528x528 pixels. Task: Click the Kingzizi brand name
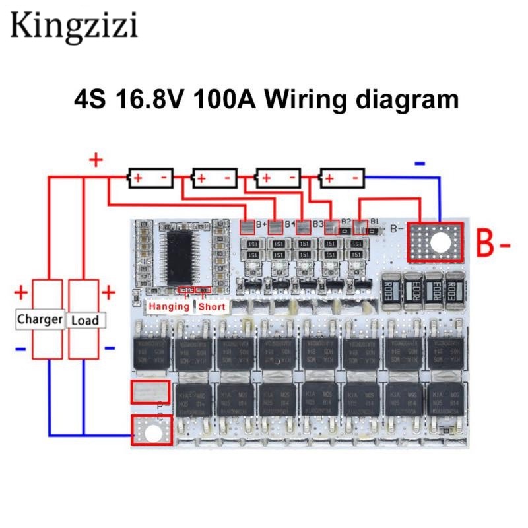73,26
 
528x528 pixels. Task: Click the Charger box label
40,319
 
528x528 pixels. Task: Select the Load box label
84,321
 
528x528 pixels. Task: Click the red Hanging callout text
169,306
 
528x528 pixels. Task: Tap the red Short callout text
212,306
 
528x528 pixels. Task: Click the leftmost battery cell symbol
150,178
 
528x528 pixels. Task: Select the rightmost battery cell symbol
343,178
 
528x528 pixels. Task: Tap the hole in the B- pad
436,242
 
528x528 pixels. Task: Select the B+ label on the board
259,225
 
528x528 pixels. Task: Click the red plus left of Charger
21,291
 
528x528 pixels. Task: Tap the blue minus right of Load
110,348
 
